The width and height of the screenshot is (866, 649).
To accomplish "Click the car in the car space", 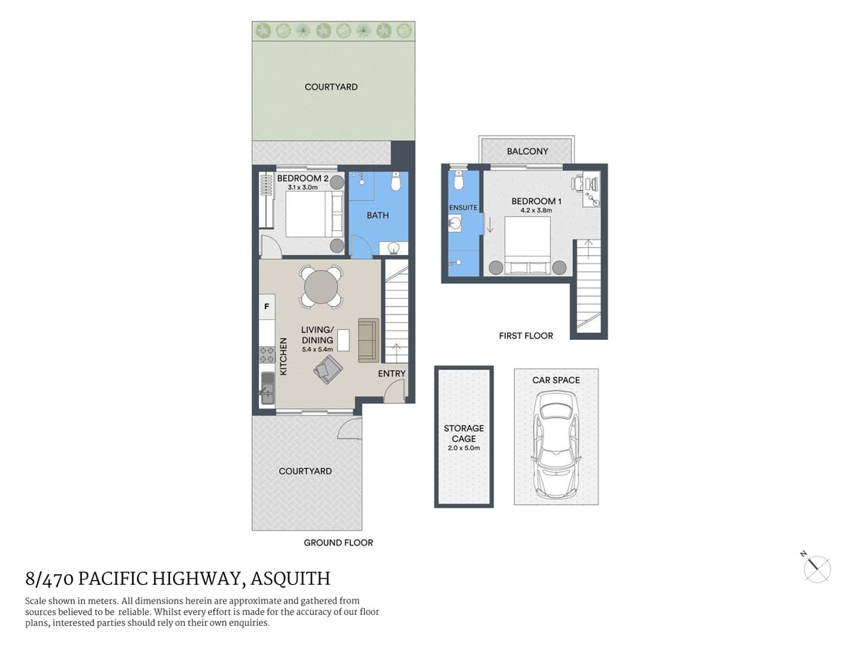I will (556, 443).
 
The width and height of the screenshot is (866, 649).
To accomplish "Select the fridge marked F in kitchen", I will (267, 307).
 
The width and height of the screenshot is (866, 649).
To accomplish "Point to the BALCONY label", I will (527, 151).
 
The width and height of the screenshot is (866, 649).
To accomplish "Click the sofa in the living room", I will (368, 340).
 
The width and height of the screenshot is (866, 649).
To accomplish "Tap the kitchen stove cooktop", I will (267, 355).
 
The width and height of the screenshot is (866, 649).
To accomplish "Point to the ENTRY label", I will (391, 374).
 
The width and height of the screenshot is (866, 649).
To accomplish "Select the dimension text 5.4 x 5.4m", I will (317, 350).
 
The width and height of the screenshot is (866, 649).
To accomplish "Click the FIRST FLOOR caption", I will (526, 336).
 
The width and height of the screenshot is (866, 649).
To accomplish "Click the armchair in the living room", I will (328, 370).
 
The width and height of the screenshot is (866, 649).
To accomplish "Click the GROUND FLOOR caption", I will (338, 543).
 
